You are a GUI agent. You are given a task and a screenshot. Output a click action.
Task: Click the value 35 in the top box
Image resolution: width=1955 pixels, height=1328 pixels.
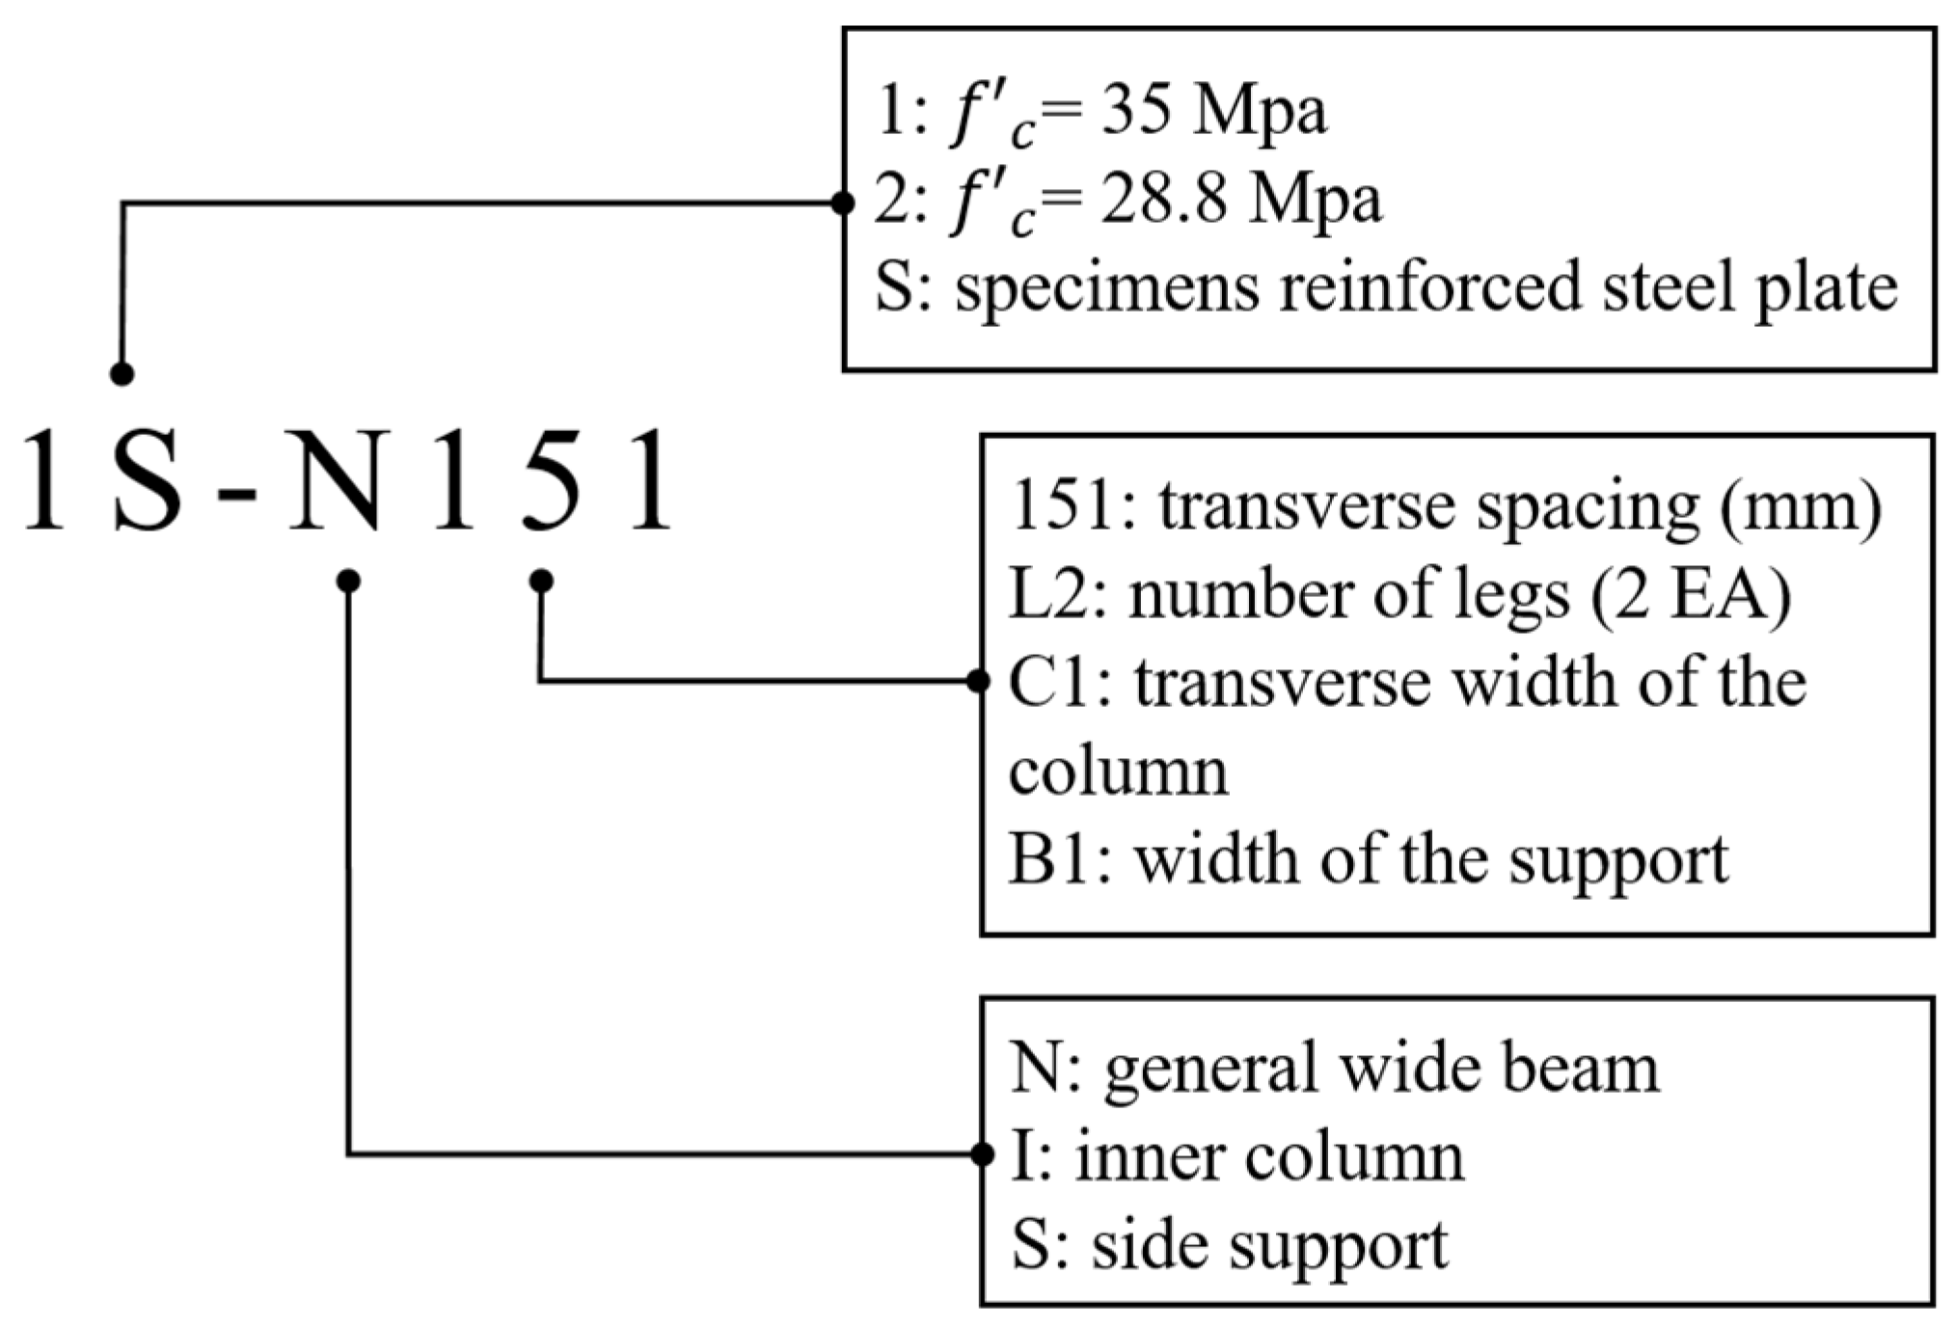pyautogui.click(x=1135, y=113)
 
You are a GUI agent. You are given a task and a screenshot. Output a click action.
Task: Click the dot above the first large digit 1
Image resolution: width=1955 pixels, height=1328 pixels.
pyautogui.click(x=122, y=374)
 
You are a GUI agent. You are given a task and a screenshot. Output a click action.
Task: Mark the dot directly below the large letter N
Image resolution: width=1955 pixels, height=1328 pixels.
pyautogui.click(x=349, y=581)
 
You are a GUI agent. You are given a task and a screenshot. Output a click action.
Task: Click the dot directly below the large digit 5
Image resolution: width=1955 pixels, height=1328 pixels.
pyautogui.click(x=541, y=581)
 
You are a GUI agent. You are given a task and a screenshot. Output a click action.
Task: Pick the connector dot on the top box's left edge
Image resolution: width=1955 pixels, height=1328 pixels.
pyautogui.click(x=843, y=203)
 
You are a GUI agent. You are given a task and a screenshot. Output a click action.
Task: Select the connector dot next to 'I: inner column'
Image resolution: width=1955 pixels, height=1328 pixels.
pyautogui.click(x=982, y=1153)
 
